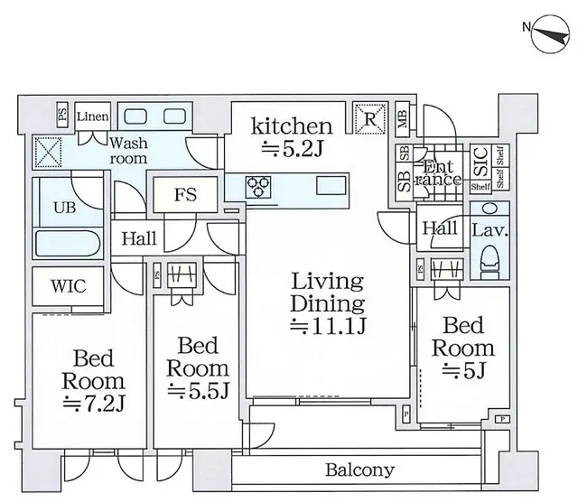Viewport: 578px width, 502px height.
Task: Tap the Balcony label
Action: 360,469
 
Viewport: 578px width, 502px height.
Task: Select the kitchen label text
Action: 291,125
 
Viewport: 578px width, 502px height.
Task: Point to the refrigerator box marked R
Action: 367,116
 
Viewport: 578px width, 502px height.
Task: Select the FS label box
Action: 185,194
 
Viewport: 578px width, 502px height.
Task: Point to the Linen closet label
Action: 92,116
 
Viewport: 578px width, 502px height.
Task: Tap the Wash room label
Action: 129,150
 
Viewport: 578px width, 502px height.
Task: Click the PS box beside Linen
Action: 62,115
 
